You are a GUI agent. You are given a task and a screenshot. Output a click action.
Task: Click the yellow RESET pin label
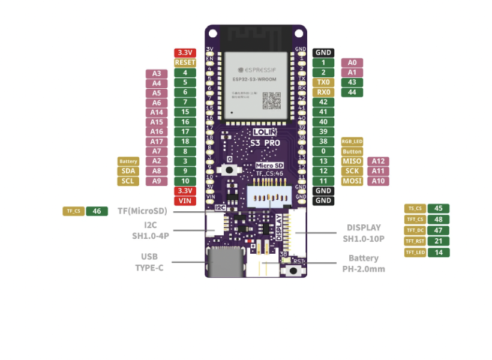pyautogui.click(x=185, y=62)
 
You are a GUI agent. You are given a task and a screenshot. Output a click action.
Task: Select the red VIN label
pyautogui.click(x=185, y=200)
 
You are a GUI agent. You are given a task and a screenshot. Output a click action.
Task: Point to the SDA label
pyautogui.click(x=128, y=171)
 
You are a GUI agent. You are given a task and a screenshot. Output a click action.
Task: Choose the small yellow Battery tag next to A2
pyautogui.click(x=128, y=161)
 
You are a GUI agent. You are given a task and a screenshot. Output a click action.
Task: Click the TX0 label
pyautogui.click(x=323, y=82)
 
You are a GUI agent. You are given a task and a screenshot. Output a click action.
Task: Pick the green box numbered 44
pyautogui.click(x=352, y=92)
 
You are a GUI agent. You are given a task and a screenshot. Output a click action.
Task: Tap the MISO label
pyautogui.click(x=352, y=161)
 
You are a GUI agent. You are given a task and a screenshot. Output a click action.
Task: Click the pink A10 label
pyautogui.click(x=378, y=181)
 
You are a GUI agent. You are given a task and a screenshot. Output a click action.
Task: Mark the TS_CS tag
pyautogui.click(x=415, y=209)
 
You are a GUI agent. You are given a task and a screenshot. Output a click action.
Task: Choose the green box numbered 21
pyautogui.click(x=439, y=241)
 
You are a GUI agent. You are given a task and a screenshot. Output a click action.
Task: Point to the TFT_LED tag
pyautogui.click(x=415, y=253)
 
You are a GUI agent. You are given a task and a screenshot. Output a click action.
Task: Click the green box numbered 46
pyautogui.click(x=97, y=211)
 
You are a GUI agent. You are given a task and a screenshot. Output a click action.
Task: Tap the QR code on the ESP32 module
pyautogui.click(x=271, y=100)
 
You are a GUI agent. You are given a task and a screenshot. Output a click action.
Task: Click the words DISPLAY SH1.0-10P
pyautogui.click(x=364, y=233)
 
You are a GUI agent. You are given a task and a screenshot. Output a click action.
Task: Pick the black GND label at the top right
pyautogui.click(x=323, y=53)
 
